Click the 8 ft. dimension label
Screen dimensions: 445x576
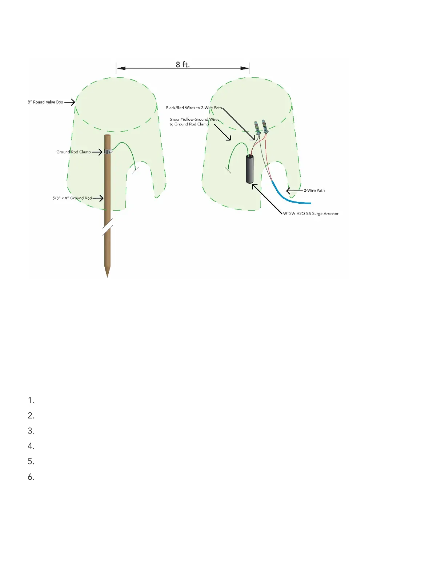(x=183, y=65)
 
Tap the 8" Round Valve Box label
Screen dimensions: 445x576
(x=45, y=102)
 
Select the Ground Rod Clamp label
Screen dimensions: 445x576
(x=73, y=152)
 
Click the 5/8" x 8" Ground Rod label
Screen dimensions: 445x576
(x=72, y=198)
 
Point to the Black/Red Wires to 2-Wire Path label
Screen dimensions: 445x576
(x=194, y=108)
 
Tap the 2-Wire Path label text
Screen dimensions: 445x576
(x=314, y=191)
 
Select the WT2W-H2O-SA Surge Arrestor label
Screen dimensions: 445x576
(x=310, y=213)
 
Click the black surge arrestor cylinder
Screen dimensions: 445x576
(x=250, y=169)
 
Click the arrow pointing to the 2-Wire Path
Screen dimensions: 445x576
(x=294, y=191)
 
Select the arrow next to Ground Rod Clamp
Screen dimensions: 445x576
(x=97, y=152)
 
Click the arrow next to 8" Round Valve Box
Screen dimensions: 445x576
(x=70, y=102)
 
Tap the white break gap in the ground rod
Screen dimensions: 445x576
(x=107, y=228)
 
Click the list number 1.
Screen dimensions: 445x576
(x=31, y=401)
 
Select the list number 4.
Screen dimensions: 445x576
(x=31, y=446)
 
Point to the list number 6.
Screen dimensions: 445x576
(x=31, y=477)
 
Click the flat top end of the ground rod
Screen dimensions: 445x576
(x=107, y=136)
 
